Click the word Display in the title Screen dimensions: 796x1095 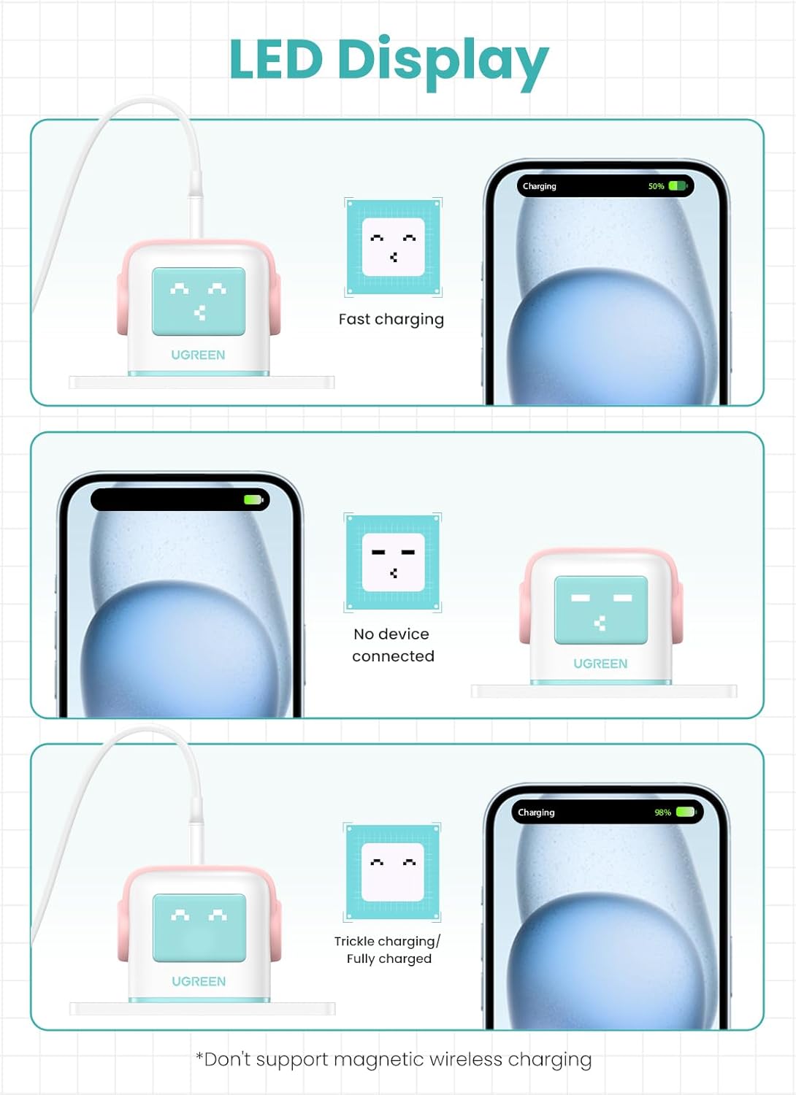point(443,63)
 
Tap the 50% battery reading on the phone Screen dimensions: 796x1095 point(657,186)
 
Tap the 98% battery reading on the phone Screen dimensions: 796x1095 point(662,812)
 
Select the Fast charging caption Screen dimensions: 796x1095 point(391,319)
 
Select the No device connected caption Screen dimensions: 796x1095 point(393,645)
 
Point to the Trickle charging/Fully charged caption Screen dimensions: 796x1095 point(387,950)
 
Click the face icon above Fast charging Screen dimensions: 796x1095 point(394,247)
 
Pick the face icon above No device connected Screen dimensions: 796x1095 point(393,562)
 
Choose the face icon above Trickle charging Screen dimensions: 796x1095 point(392,872)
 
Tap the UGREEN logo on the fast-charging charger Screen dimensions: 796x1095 point(198,355)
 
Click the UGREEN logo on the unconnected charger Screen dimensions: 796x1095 point(600,664)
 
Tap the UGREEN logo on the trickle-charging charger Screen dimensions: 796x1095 point(199,981)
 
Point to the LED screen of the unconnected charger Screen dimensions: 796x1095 point(601,610)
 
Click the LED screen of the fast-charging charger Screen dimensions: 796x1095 point(199,301)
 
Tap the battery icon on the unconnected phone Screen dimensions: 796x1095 point(253,499)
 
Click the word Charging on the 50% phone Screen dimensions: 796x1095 point(539,186)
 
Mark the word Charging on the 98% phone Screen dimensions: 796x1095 point(536,812)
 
